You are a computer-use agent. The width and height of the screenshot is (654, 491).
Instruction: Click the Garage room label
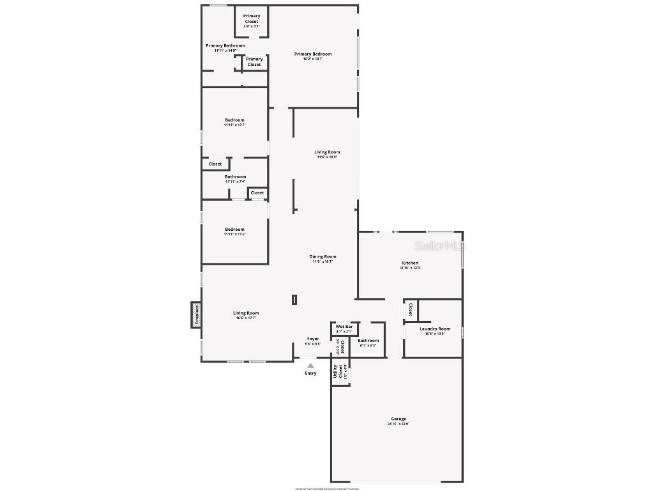pyautogui.click(x=399, y=419)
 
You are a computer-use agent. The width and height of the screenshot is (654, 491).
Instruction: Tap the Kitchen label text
pyautogui.click(x=410, y=263)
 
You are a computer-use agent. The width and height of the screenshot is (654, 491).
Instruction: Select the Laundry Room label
pyautogui.click(x=435, y=329)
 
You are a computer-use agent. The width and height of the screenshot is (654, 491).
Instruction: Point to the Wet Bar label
pyautogui.click(x=344, y=327)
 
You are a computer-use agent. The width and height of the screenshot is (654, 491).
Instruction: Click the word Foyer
pyautogui.click(x=313, y=339)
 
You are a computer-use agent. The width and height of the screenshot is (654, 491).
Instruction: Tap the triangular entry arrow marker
pyautogui.click(x=310, y=366)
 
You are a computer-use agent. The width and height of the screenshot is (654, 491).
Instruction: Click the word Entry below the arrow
pyautogui.click(x=310, y=373)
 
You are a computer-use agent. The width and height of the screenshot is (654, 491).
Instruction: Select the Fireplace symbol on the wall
pyautogui.click(x=197, y=315)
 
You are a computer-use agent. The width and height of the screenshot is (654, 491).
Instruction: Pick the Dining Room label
pyautogui.click(x=324, y=256)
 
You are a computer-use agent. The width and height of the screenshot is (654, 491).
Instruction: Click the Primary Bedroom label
pyautogui.click(x=313, y=54)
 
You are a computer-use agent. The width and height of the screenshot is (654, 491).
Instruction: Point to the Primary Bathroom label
pyautogui.click(x=225, y=45)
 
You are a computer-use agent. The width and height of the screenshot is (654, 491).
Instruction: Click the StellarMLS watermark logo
pyautogui.click(x=439, y=245)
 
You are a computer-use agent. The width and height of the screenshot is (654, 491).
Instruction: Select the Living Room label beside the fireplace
pyautogui.click(x=246, y=313)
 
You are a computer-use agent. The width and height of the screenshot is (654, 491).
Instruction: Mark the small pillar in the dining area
pyautogui.click(x=294, y=299)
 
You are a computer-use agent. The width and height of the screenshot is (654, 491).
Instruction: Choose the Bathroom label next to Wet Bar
pyautogui.click(x=368, y=341)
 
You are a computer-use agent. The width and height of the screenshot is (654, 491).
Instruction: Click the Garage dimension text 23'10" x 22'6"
pyautogui.click(x=399, y=424)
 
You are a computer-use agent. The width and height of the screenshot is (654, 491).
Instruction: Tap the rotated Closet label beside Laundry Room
pyautogui.click(x=410, y=309)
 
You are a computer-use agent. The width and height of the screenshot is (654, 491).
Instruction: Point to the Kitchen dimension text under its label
pyautogui.click(x=410, y=268)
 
